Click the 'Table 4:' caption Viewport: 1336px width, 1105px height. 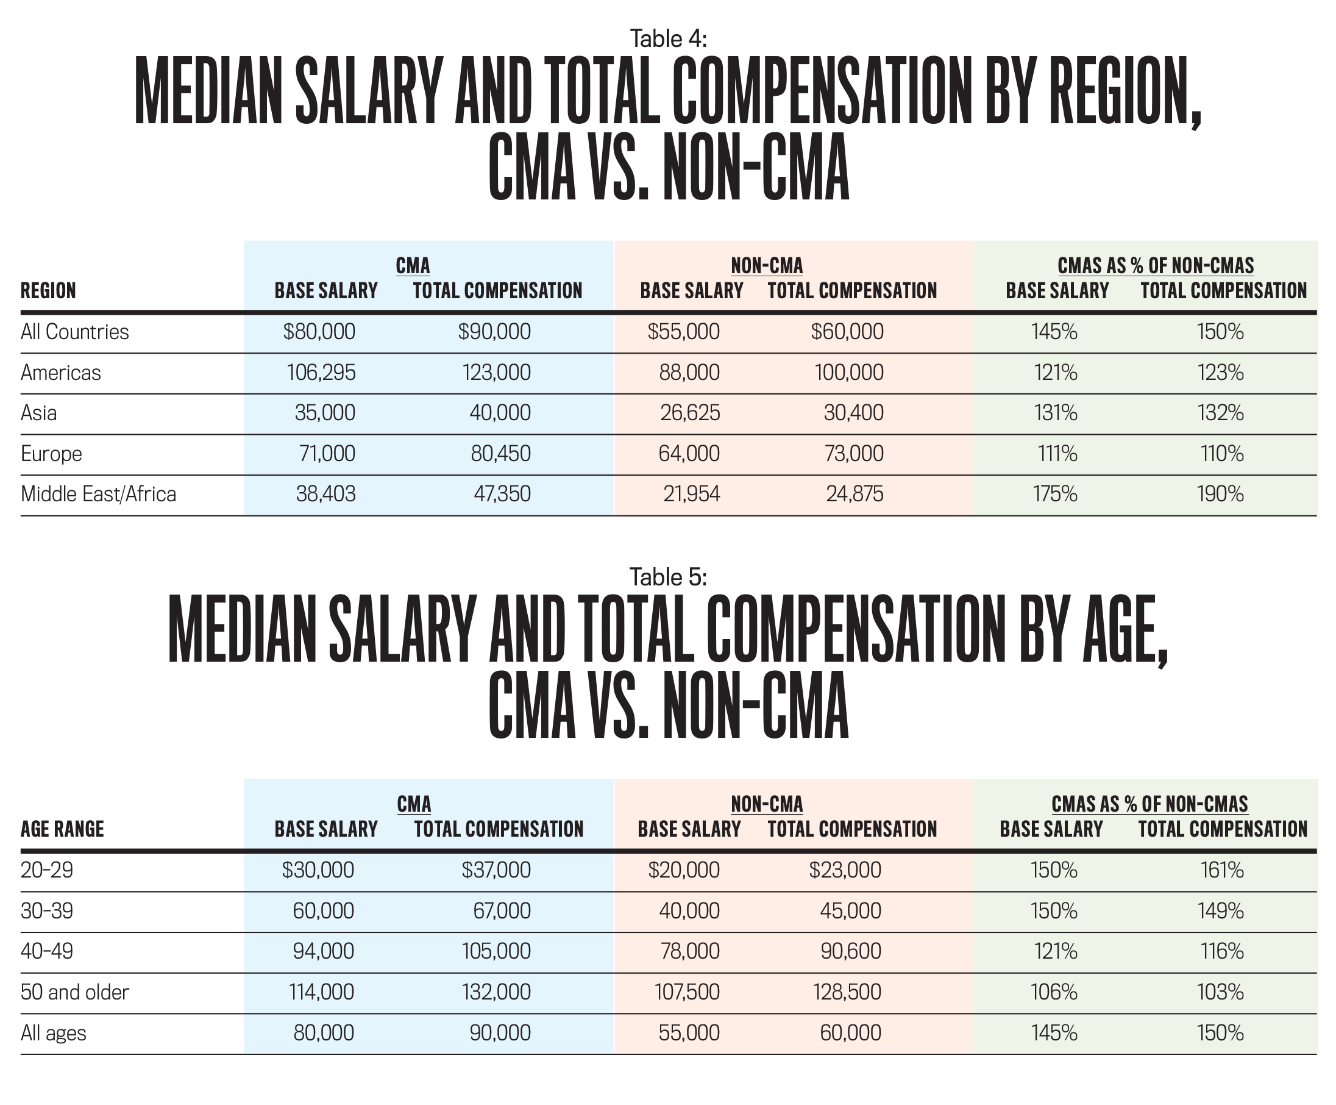pos(668,40)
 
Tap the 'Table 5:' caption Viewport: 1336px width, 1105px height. pos(668,578)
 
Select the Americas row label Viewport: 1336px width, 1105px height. pos(60,373)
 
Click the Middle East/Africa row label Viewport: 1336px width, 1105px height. pos(99,495)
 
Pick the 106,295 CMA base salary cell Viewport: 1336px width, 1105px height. pos(321,373)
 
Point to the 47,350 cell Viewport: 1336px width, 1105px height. pos(502,495)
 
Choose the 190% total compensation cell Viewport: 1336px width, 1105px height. pos(1220,495)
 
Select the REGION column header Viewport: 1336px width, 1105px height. pos(48,291)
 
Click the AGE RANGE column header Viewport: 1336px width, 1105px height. pos(62,829)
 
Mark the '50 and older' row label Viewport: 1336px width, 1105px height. pos(75,992)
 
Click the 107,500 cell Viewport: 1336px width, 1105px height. pos(687,992)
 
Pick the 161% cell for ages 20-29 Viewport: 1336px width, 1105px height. pos(1221,870)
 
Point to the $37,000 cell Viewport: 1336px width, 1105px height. pos(496,870)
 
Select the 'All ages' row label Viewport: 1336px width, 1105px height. pos(54,1033)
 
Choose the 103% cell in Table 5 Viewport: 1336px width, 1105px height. pos(1221,992)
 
